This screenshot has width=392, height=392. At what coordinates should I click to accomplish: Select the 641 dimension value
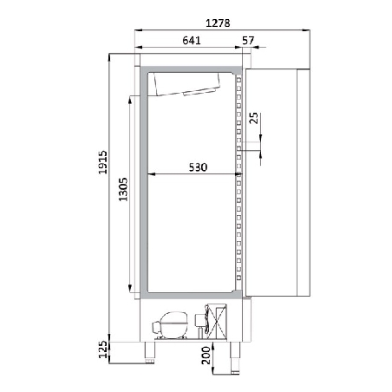[x=193, y=40]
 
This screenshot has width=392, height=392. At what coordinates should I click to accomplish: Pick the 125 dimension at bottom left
[x=102, y=350]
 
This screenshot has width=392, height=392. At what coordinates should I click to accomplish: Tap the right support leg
[x=233, y=350]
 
